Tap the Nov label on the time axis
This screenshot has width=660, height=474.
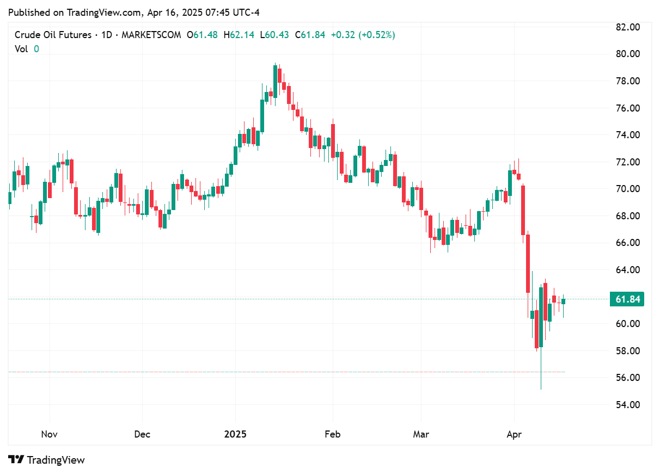click(49, 434)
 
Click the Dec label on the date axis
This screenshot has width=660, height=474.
click(142, 434)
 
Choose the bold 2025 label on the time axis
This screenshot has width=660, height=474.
click(235, 434)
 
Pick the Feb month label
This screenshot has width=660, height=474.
click(332, 434)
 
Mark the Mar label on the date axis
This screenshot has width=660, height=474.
click(421, 434)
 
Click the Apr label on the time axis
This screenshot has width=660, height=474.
click(515, 434)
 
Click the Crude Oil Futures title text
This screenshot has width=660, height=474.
click(53, 35)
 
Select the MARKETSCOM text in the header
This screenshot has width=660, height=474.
click(151, 35)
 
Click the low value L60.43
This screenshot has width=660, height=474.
click(275, 35)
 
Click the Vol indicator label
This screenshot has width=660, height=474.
click(21, 48)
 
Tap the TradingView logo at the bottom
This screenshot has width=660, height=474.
click(47, 460)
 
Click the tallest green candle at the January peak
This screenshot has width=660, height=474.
click(276, 82)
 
